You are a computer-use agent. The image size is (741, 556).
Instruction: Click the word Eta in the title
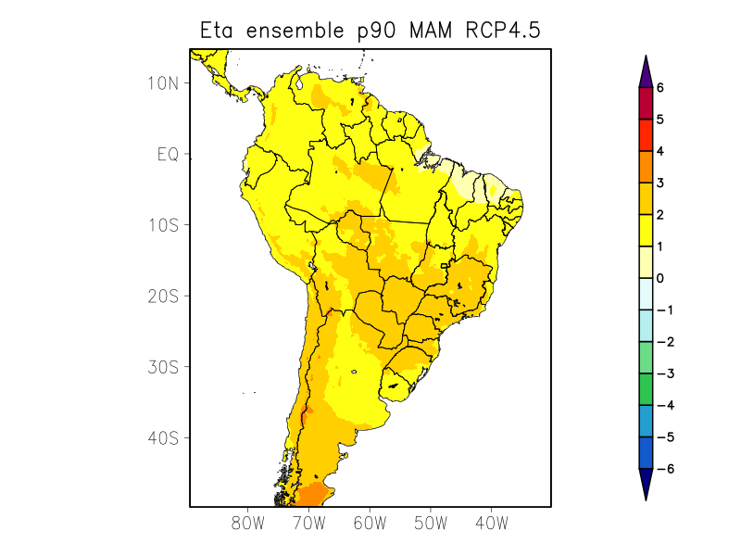click(x=220, y=31)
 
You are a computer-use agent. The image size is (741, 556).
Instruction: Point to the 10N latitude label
click(x=163, y=83)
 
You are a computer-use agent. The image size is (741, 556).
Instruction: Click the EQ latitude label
click(x=168, y=155)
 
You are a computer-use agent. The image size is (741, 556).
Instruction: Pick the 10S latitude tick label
click(x=163, y=225)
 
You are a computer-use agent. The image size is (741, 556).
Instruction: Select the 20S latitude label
click(x=163, y=297)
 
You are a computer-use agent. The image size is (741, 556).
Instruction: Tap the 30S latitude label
click(x=163, y=367)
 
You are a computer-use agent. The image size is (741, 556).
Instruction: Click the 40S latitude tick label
click(x=163, y=437)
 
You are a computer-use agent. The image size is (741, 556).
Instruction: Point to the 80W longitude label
click(x=247, y=523)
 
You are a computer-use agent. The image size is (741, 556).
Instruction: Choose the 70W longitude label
click(x=308, y=523)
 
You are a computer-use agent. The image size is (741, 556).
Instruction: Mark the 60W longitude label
click(x=370, y=523)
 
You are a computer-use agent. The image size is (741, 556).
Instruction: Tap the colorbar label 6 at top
click(x=660, y=87)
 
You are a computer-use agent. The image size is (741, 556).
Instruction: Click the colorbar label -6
click(x=663, y=469)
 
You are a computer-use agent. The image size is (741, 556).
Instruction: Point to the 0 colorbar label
click(x=660, y=278)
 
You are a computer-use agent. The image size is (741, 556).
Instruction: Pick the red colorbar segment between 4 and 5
click(x=646, y=135)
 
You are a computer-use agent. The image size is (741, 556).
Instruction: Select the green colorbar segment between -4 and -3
click(x=646, y=389)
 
